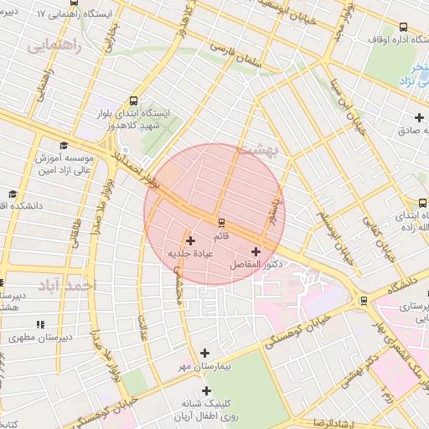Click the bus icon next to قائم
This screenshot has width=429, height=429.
tap(221, 222)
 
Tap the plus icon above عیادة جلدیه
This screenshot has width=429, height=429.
tap(190, 240)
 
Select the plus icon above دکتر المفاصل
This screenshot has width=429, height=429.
tap(256, 251)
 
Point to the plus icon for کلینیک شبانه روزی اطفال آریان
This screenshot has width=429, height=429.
tap(206, 391)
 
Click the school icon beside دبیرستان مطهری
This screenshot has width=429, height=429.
tap(39, 324)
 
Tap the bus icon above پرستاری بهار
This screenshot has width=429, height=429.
tap(363, 300)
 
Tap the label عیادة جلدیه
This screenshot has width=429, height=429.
tap(189, 253)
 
